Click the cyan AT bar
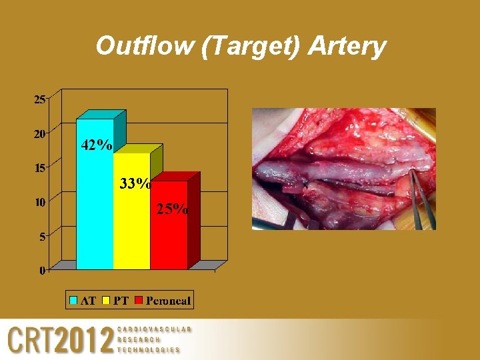[x=95, y=200]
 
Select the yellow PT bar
[x=131, y=220]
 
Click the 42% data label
[x=96, y=145]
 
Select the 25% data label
[x=172, y=209]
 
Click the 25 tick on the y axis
[x=39, y=100]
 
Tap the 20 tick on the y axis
[x=39, y=134]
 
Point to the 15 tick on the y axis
[x=39, y=168]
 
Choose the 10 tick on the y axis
[x=39, y=202]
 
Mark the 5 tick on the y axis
[x=42, y=236]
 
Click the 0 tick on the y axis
[x=42, y=270]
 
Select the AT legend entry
[x=83, y=301]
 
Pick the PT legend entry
[x=115, y=301]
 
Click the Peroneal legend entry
[x=163, y=301]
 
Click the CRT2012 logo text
[x=60, y=341]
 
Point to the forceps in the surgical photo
[x=420, y=197]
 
